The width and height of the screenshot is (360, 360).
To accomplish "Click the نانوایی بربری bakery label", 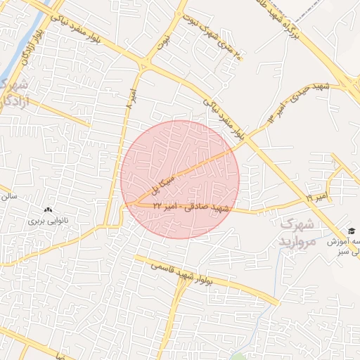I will coord(46,221).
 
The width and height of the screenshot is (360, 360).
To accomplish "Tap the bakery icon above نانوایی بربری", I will coord(48,210).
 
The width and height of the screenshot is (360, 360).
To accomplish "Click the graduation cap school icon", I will coord(351,231).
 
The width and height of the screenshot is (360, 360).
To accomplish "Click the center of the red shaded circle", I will coord(180,179).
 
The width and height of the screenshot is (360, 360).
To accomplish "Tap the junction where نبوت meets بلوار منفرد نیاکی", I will coord(144,67).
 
